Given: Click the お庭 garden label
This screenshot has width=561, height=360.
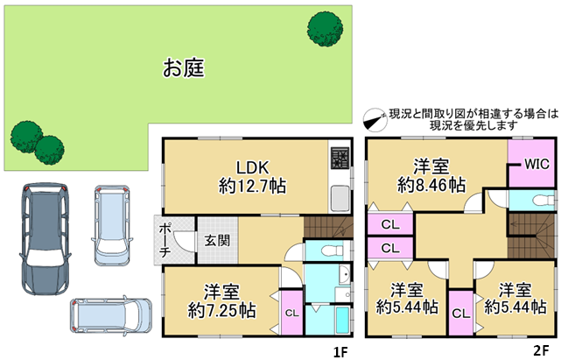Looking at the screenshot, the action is [x=184, y=68].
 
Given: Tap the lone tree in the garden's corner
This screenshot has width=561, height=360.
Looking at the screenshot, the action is [x=325, y=29].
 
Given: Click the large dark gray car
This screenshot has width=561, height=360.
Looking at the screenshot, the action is [x=45, y=239].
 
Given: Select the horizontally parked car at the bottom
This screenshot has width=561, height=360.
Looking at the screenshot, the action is [x=111, y=315].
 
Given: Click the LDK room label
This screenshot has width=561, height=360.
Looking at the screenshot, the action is [x=253, y=167].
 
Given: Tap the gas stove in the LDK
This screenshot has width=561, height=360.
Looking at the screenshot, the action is [x=340, y=158].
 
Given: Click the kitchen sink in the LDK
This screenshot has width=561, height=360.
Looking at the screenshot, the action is [x=340, y=199].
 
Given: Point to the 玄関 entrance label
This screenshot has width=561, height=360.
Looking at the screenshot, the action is [x=217, y=240].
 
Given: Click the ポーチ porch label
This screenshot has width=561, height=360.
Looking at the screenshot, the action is [x=165, y=240].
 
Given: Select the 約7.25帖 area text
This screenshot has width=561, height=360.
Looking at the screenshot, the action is [x=221, y=310].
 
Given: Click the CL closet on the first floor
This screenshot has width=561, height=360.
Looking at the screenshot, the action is [x=292, y=313].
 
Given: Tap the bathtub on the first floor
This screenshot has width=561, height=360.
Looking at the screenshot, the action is [x=343, y=320].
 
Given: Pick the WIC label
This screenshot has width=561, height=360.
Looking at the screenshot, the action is [x=536, y=164].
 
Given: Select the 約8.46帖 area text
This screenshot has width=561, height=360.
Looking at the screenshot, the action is [x=431, y=185].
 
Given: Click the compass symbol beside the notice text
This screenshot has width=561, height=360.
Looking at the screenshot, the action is [x=375, y=120].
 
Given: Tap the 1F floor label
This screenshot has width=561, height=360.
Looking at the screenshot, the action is [x=340, y=352].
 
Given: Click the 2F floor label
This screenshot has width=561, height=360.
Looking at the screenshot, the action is [x=541, y=350].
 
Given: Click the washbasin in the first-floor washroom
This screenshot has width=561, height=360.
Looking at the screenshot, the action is [x=344, y=275].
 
